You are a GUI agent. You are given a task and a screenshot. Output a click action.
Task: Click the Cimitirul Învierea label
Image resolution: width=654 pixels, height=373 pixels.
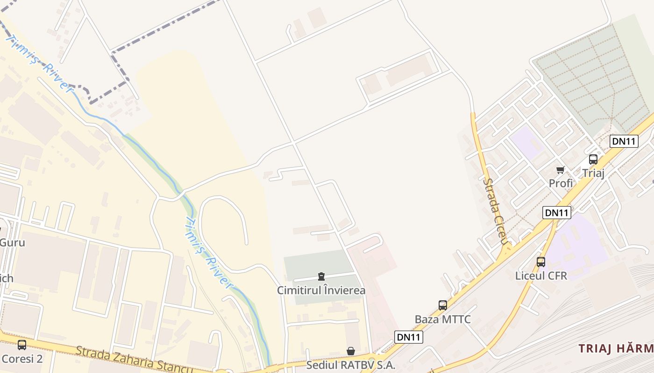tap(321, 290)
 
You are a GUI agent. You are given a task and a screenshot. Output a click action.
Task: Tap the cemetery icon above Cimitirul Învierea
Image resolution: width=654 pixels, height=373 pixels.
tap(321, 276)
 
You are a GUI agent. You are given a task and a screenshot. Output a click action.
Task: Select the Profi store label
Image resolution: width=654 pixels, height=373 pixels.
tap(561, 183)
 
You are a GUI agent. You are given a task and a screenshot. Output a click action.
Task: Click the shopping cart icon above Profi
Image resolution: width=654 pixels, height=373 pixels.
tap(560, 170)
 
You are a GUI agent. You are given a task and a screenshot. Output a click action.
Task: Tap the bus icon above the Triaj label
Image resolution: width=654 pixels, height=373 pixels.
tap(593, 159)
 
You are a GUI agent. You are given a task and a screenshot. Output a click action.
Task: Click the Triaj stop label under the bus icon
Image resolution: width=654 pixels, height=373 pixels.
tap(593, 173)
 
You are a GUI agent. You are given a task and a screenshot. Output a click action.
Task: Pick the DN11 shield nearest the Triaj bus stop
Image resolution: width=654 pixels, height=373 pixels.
tap(624, 141)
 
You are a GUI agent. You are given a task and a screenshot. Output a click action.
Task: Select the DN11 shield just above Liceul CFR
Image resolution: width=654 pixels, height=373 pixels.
tap(557, 213)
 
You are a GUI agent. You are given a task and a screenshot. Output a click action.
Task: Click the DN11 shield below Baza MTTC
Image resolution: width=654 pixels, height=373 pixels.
tap(409, 337)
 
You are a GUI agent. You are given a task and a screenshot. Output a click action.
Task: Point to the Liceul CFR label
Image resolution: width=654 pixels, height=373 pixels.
tap(541, 276)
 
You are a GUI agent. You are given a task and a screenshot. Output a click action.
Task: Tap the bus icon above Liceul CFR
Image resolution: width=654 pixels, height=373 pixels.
tap(541, 262)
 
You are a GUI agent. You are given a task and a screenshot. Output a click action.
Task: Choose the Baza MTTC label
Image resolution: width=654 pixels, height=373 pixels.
tap(442, 319)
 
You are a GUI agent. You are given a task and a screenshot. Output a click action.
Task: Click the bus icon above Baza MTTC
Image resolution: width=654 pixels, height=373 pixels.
tap(442, 305)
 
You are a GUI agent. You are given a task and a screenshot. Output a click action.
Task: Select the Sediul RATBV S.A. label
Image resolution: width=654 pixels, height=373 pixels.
tap(350, 365)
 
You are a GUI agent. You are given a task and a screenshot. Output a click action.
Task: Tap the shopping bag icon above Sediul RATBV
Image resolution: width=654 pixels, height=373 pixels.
tap(350, 351)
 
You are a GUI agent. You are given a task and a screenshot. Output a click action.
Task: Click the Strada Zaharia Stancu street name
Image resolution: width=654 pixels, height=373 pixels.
tap(134, 360)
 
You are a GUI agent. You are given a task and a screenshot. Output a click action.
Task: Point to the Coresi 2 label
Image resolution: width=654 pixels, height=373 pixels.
tap(22, 359)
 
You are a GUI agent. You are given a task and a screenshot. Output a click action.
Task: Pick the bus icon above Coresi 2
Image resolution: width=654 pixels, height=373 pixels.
tap(22, 345)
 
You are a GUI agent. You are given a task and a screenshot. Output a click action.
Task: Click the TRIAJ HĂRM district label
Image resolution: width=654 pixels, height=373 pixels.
tap(616, 348)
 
